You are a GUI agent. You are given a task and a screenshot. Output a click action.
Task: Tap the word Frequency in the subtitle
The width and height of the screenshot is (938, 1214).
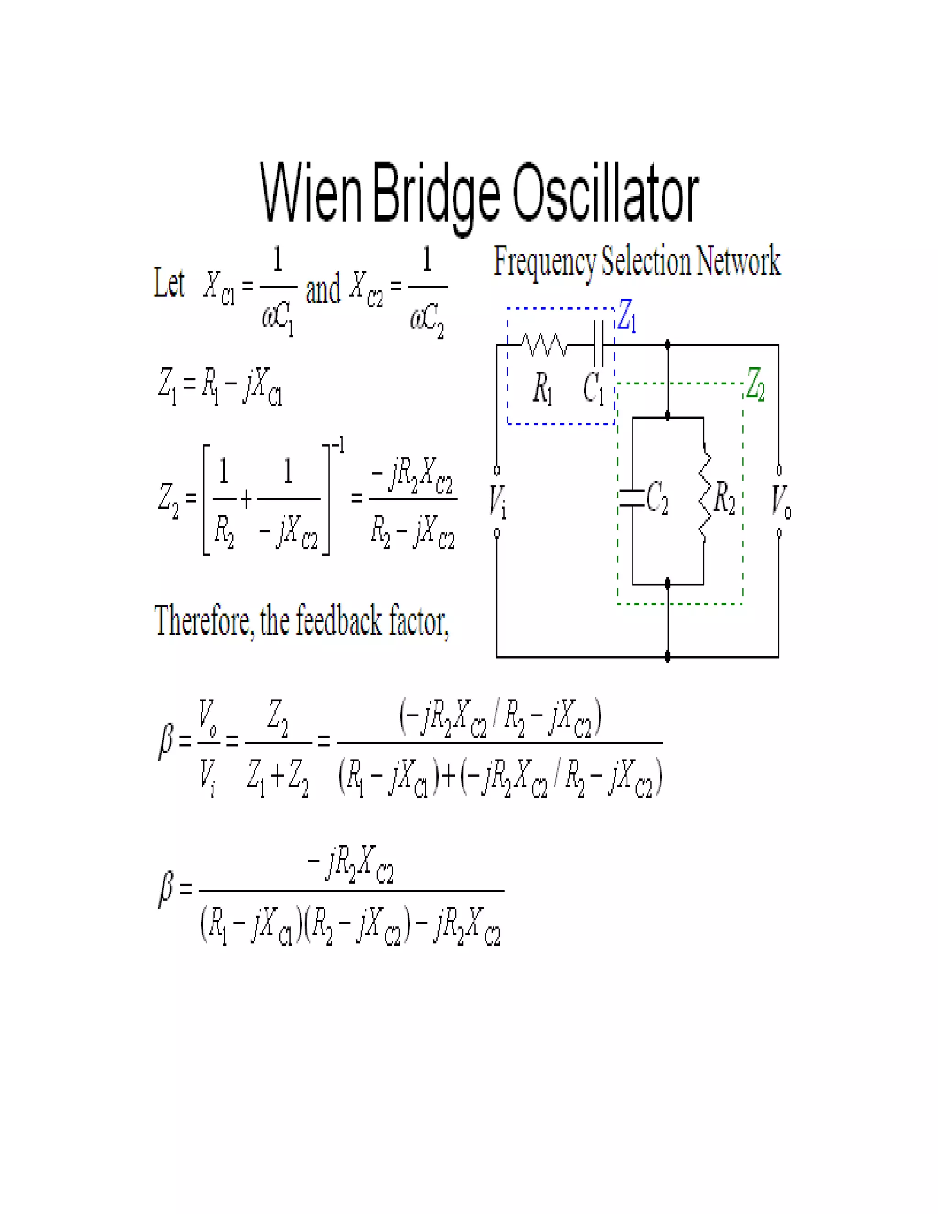coord(545,262)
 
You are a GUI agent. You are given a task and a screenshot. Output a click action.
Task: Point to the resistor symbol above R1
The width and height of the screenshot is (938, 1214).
coord(544,345)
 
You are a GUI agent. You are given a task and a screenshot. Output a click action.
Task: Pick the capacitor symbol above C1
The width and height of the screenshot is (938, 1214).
coord(599,345)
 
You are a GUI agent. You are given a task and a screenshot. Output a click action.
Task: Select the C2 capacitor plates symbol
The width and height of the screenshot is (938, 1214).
coord(632,498)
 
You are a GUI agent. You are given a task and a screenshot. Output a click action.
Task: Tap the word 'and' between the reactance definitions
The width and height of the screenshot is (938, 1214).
coord(323,290)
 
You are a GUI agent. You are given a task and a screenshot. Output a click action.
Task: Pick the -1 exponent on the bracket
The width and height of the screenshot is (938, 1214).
coord(337,445)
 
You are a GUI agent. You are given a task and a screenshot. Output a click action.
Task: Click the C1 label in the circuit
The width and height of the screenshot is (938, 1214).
coord(593,388)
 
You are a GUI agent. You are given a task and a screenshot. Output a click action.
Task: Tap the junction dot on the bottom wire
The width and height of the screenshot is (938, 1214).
coord(668,657)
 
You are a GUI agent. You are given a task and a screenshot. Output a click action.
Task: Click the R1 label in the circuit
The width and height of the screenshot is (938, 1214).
coord(542,388)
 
